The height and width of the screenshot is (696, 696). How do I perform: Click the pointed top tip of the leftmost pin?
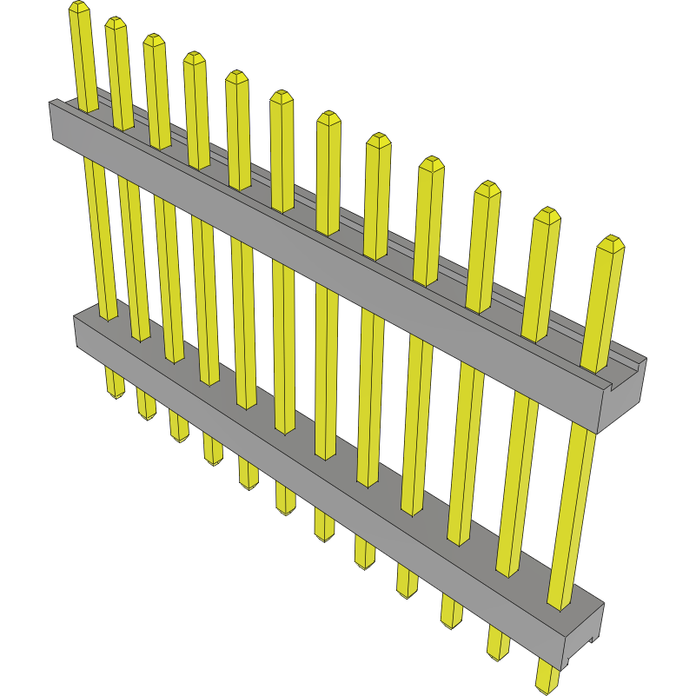(78, 8)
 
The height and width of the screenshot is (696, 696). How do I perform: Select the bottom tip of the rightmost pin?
(546, 686)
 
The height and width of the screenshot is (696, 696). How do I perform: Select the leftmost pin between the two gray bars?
(99, 235)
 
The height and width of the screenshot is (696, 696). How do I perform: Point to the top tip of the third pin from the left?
(154, 40)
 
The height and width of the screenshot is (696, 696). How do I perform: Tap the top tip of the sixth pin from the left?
(281, 96)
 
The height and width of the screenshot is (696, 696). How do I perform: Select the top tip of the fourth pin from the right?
(432, 163)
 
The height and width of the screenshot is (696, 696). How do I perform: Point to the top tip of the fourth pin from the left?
(194, 58)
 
